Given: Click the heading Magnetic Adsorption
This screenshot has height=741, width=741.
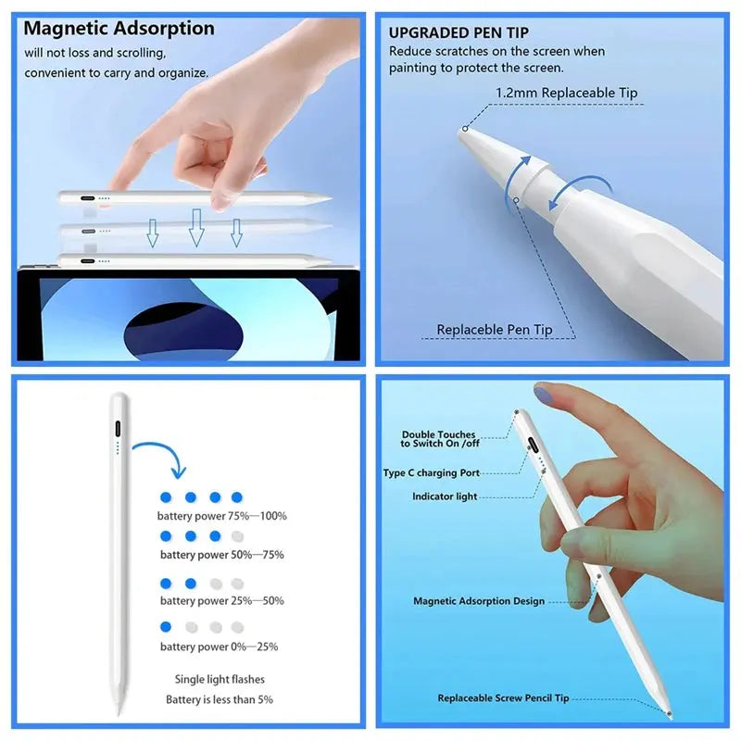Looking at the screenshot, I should coord(119,29).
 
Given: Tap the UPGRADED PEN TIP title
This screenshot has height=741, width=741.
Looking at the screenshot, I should coord(458,33).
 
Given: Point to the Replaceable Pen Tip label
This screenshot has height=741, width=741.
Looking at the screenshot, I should coord(495,330).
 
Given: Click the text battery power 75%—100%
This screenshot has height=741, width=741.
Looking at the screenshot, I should coord(222,516).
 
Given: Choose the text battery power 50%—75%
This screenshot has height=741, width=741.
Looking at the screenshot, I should coord(222,555).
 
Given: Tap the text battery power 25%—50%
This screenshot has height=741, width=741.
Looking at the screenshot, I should coord(222,601).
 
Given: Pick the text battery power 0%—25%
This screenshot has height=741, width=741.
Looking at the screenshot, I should coord(219,647).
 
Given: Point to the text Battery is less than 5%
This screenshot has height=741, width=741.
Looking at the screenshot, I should coord(220,700).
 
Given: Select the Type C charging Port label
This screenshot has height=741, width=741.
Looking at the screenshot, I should coord(432,473).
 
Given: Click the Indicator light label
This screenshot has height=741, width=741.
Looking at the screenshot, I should coord(445,496).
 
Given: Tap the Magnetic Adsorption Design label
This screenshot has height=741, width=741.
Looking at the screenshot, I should coord(479,601).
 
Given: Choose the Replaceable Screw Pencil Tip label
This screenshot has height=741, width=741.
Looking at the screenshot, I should coord(503,698).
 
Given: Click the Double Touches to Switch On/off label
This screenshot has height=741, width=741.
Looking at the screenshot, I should coord(439,439).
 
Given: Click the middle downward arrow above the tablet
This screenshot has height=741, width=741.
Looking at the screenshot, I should coord(195,227).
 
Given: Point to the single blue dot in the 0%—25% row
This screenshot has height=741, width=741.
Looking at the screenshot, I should coord(166,626).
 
